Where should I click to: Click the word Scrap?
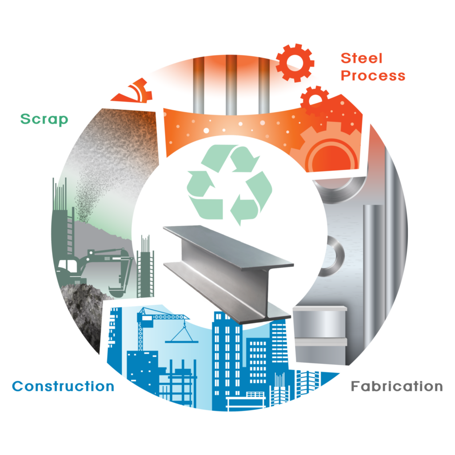coord(44,119)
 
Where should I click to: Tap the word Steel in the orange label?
coord(362,58)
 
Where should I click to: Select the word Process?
coord(373,76)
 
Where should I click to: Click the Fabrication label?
coord(397,386)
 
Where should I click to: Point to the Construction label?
coord(63,386)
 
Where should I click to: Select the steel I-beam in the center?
coord(228,274)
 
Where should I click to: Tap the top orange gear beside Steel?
coord(295,63)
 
